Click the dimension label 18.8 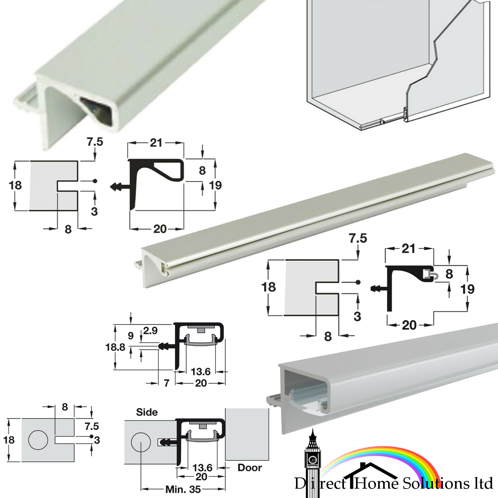tap(115, 347)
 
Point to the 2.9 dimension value tap(150, 331)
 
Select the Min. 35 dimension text tap(183, 489)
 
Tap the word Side tap(147, 412)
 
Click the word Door tap(250, 467)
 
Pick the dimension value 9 tap(131, 336)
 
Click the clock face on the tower tap(312, 459)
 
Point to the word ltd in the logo tap(483, 483)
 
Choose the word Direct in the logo tap(321, 483)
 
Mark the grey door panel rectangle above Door tap(247, 434)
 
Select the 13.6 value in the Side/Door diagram tap(202, 467)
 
